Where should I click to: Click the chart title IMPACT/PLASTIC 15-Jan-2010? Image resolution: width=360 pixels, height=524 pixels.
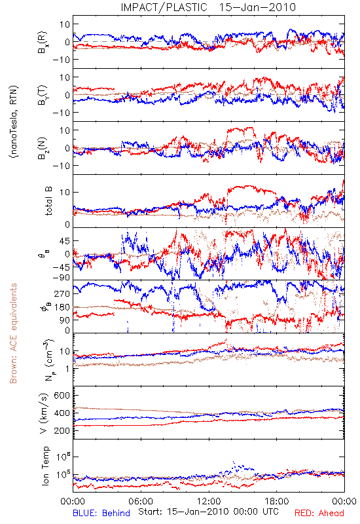208,7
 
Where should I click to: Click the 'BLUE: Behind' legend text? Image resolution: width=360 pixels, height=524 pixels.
101,513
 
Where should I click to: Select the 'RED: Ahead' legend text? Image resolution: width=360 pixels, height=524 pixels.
319,513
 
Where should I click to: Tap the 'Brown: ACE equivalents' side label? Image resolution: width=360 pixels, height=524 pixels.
13,333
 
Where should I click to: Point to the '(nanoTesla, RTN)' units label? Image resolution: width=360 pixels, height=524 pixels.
14,122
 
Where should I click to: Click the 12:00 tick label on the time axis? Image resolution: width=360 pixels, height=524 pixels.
209,502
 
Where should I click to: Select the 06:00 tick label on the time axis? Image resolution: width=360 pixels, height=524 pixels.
141,502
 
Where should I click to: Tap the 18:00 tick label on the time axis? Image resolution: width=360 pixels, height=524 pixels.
277,502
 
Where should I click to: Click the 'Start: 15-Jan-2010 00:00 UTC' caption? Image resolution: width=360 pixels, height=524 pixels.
208,512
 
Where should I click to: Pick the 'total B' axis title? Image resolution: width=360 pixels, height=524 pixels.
48,201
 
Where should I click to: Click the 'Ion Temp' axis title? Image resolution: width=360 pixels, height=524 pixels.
45,466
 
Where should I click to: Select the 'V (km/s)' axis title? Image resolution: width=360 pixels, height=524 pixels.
45,413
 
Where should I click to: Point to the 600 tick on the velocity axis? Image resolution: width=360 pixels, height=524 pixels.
62,396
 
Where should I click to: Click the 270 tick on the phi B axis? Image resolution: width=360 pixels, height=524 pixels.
62,293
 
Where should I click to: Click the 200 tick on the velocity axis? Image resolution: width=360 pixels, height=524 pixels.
62,430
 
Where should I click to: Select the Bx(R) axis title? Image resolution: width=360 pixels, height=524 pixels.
43,43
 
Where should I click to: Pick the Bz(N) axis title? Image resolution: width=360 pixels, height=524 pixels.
43,148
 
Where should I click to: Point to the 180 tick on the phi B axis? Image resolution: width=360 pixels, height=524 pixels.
62,307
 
